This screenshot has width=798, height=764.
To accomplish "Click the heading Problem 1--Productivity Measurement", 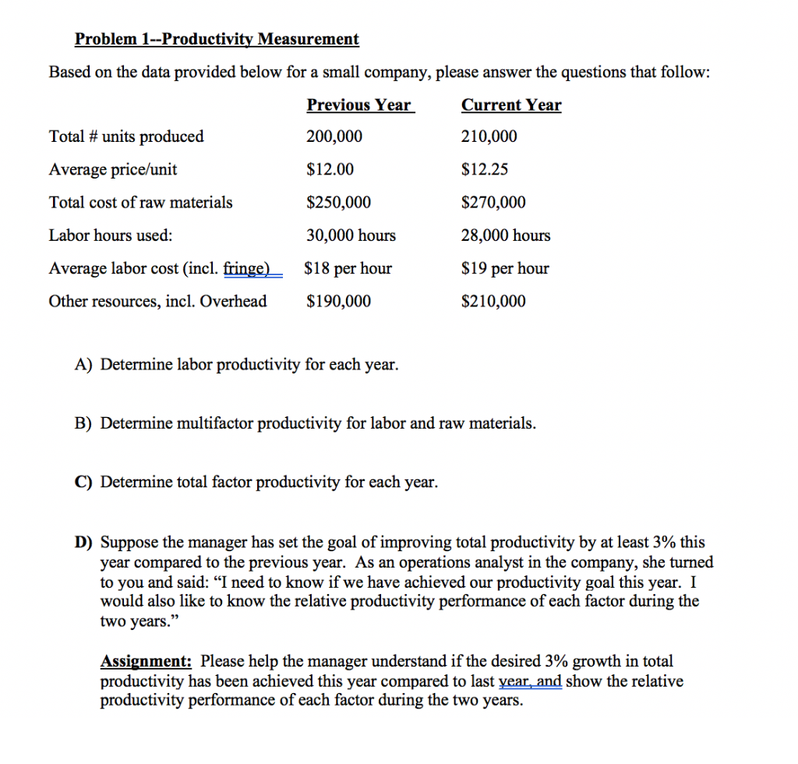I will [x=217, y=39].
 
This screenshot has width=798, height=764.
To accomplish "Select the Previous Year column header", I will [x=359, y=105].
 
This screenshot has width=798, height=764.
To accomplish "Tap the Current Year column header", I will [x=511, y=105].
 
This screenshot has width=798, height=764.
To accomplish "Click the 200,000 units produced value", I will [x=334, y=137].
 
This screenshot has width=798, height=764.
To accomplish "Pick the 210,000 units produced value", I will [x=489, y=137].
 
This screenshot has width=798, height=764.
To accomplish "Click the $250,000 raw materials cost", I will [x=339, y=203].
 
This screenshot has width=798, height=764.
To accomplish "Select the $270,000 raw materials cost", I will [x=493, y=203].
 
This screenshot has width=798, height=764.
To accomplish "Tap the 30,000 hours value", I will [x=351, y=235].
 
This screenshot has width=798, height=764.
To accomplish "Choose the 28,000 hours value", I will [x=506, y=235].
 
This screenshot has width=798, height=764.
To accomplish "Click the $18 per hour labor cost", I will [x=348, y=269].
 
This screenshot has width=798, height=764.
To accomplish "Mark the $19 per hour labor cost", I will [x=505, y=269].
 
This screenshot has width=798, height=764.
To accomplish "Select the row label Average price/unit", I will [x=113, y=170].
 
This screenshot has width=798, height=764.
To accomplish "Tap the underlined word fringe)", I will [x=246, y=269].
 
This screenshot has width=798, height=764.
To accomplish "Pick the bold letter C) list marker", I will [x=84, y=483].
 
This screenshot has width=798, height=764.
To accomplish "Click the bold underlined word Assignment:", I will [x=147, y=662].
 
